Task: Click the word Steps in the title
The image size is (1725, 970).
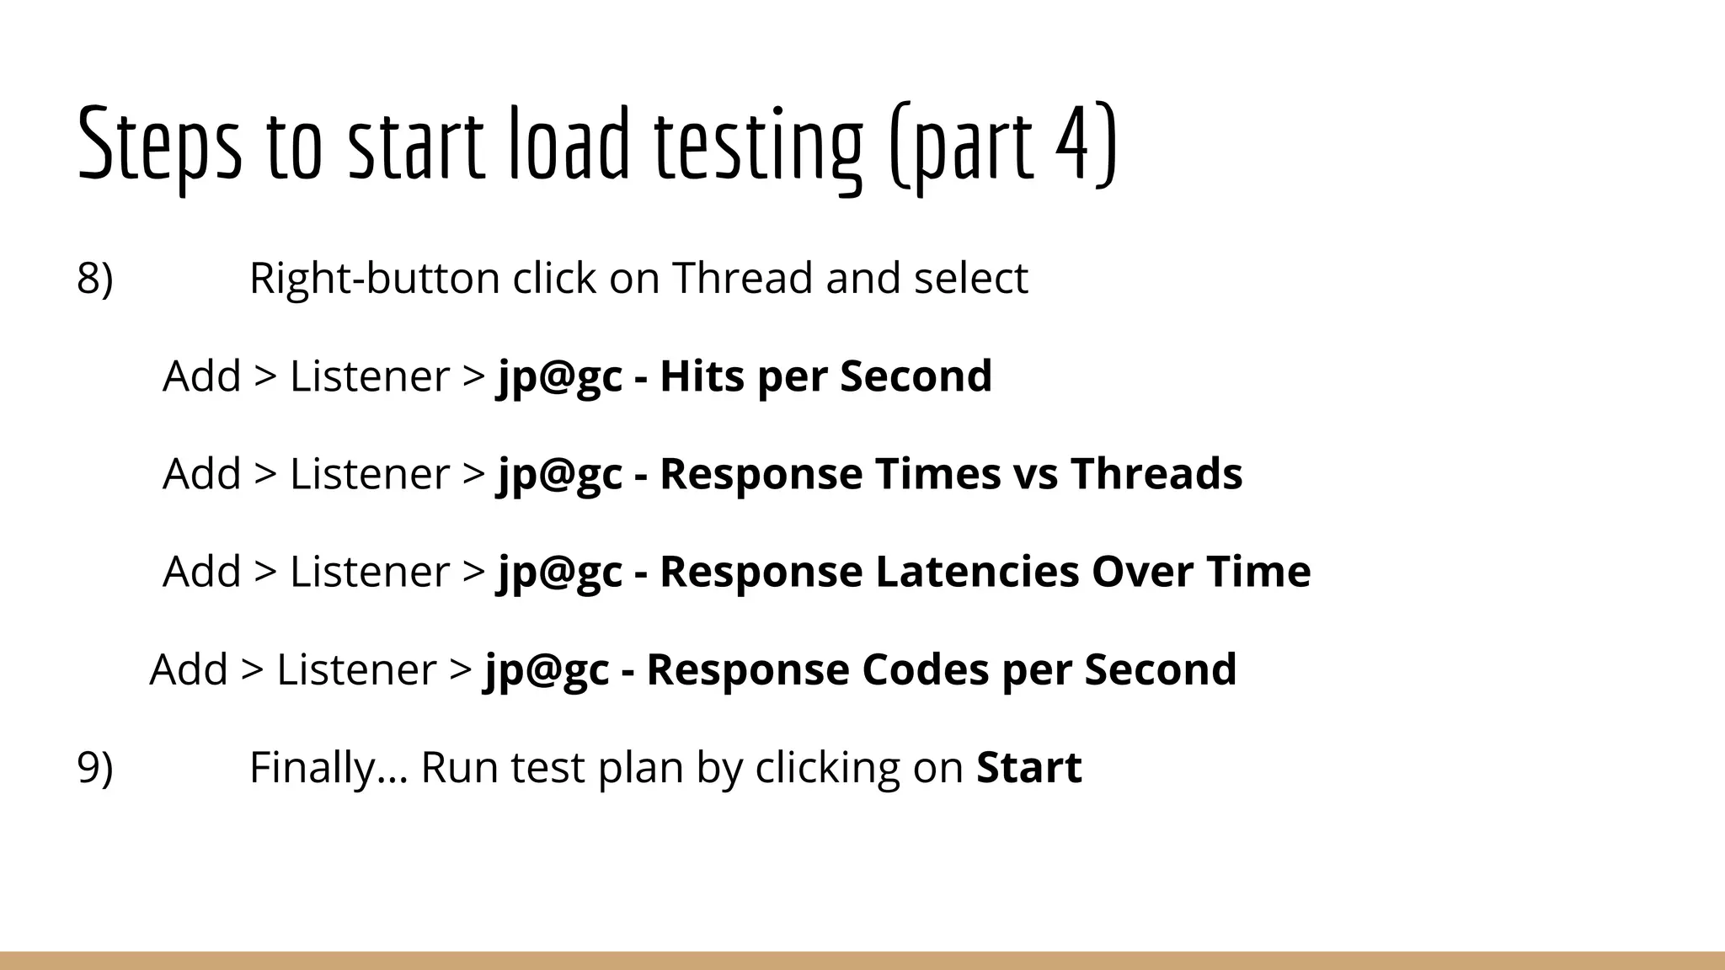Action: tap(159, 143)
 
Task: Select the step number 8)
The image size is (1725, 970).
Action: tap(94, 278)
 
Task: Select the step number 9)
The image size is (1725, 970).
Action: tap(94, 767)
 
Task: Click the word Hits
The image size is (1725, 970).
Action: tap(702, 376)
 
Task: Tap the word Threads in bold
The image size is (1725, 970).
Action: tap(1156, 473)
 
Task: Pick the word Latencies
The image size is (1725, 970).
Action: tap(977, 571)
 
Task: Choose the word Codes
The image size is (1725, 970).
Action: tap(925, 669)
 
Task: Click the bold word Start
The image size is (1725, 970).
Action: tap(1028, 767)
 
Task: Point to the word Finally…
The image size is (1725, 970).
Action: tap(328, 767)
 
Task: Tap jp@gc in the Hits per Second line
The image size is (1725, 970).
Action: tap(560, 377)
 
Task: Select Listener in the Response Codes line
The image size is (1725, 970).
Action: tap(356, 669)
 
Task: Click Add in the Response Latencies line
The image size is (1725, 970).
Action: tap(201, 571)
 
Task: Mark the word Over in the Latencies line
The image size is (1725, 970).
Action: tap(1142, 571)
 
